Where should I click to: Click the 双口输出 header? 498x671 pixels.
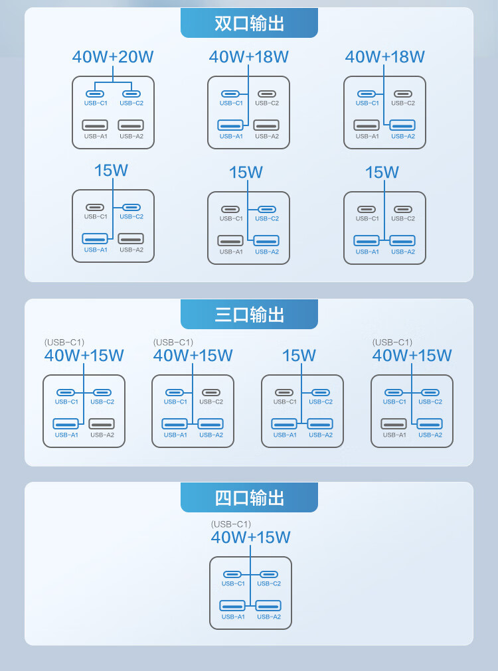pyautogui.click(x=249, y=23)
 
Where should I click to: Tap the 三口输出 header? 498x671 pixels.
pyautogui.click(x=249, y=314)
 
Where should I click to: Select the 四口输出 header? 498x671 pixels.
pyautogui.click(x=249, y=497)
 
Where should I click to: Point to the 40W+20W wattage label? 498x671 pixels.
pyautogui.click(x=113, y=56)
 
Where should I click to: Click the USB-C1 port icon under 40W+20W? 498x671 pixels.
pyautogui.click(x=95, y=94)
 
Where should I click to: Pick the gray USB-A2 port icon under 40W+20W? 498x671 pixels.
pyautogui.click(x=131, y=125)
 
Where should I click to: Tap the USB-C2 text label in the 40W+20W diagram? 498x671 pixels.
pyautogui.click(x=131, y=103)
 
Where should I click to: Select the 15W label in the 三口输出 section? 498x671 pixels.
pyautogui.click(x=299, y=355)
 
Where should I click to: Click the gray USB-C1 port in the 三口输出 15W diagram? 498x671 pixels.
pyautogui.click(x=284, y=392)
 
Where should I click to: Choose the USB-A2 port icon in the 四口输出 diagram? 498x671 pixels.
pyautogui.click(x=268, y=605)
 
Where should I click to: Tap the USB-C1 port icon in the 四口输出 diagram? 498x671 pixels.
pyautogui.click(x=232, y=574)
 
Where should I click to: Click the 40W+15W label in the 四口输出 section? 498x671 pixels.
pyautogui.click(x=251, y=537)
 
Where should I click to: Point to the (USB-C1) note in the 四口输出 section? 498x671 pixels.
pyautogui.click(x=231, y=524)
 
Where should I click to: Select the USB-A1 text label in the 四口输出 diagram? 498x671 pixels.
pyautogui.click(x=233, y=617)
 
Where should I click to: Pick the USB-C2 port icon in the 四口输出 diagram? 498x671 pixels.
pyautogui.click(x=269, y=574)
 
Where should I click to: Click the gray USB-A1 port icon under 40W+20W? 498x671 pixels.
pyautogui.click(x=95, y=125)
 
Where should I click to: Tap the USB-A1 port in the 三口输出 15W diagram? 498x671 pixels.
pyautogui.click(x=284, y=423)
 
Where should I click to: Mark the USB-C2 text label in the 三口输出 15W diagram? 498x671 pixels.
pyautogui.click(x=321, y=402)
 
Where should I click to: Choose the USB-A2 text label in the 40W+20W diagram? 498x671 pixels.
pyautogui.click(x=131, y=137)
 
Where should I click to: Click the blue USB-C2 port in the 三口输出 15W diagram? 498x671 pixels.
pyautogui.click(x=321, y=392)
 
